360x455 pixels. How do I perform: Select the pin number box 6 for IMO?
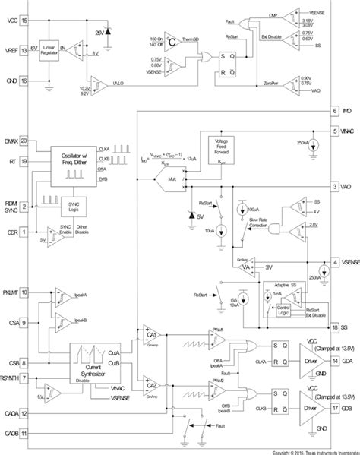click(334, 111)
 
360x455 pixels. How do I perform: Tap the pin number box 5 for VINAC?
click(334, 131)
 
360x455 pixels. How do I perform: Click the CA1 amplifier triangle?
click(150, 334)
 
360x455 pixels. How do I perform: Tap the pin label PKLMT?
click(11, 292)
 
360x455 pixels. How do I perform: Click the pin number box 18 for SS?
click(334, 327)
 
